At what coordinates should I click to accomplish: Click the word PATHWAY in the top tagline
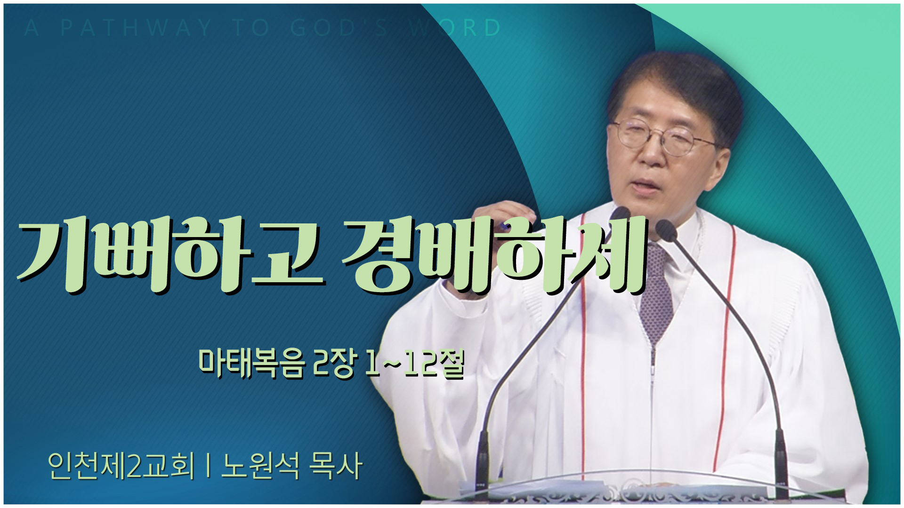click(136, 28)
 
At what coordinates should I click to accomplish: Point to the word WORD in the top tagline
click(455, 28)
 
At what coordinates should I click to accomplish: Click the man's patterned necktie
click(656, 292)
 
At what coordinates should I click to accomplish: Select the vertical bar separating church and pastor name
click(208, 467)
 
